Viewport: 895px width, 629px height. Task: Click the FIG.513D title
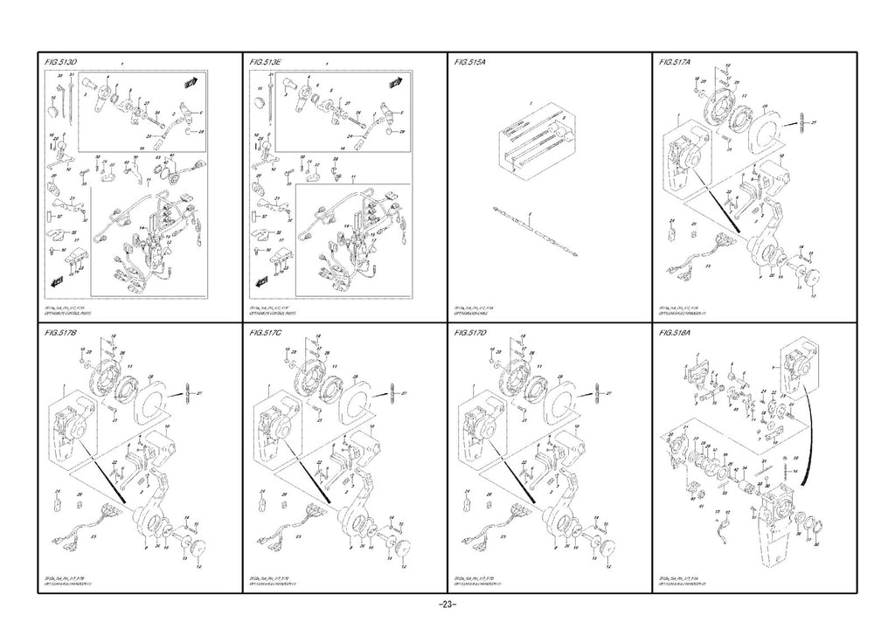pyautogui.click(x=61, y=63)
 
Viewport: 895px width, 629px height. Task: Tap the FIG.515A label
pyautogui.click(x=471, y=63)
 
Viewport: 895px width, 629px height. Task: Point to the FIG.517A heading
pyautogui.click(x=676, y=63)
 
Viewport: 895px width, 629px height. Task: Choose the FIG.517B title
pyautogui.click(x=61, y=334)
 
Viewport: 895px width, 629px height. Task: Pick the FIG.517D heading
pyautogui.click(x=471, y=334)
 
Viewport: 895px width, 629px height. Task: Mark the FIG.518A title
pyautogui.click(x=676, y=334)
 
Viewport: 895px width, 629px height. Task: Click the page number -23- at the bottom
pyautogui.click(x=447, y=606)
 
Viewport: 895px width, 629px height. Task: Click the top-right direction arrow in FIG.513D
pyautogui.click(x=189, y=83)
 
